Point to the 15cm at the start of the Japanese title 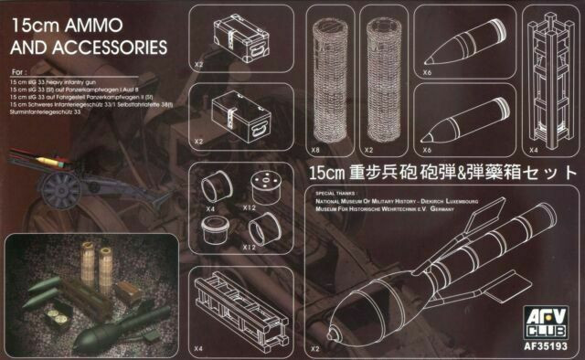325,171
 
